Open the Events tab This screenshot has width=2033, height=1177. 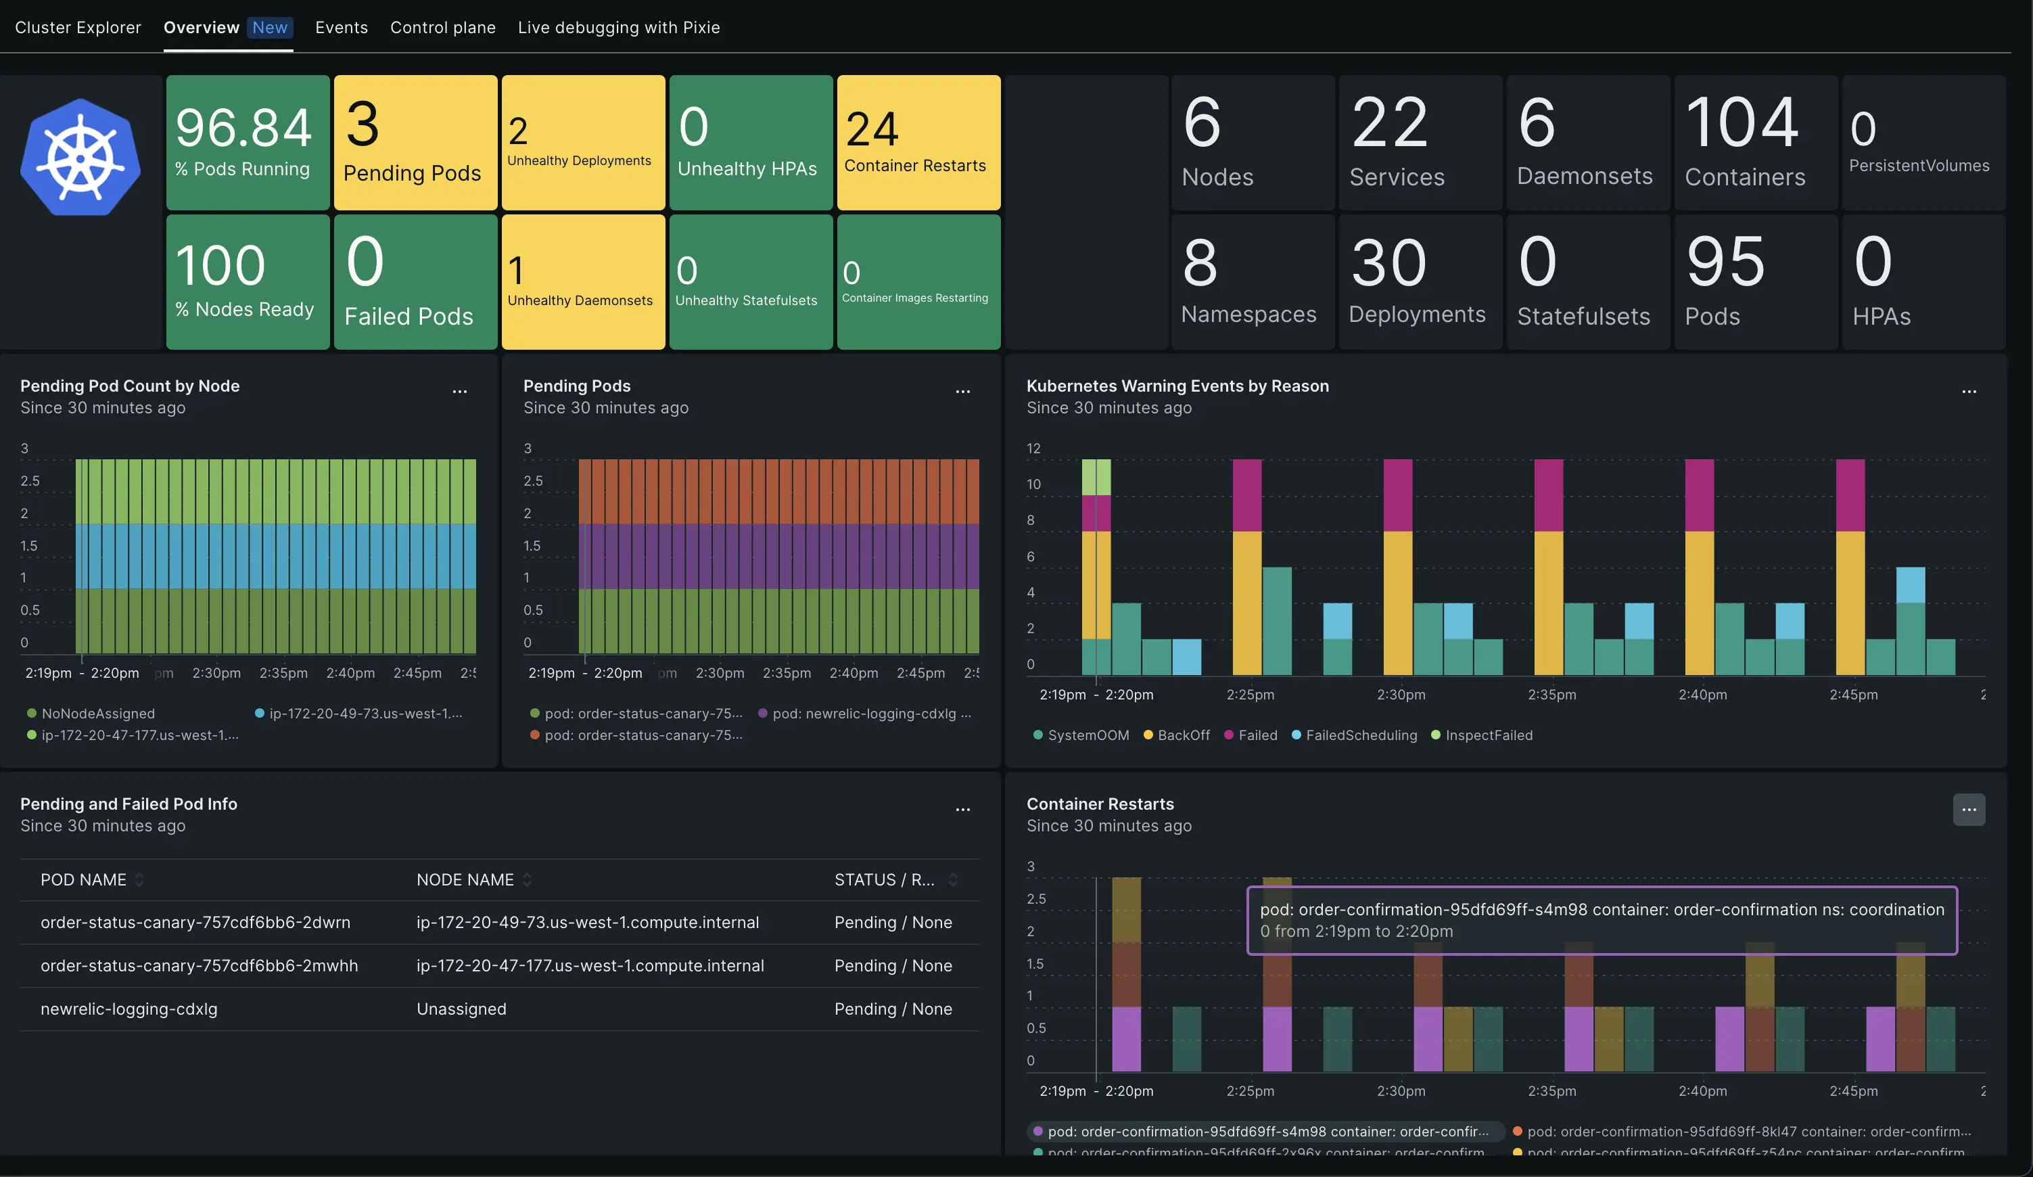click(342, 28)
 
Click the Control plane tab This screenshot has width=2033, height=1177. click(443, 28)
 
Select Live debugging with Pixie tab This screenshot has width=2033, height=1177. click(619, 28)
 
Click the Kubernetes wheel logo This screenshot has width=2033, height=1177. click(80, 158)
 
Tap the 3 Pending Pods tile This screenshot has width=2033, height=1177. click(415, 143)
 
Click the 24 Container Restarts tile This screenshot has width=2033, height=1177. click(918, 143)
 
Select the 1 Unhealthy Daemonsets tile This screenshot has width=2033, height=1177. click(582, 281)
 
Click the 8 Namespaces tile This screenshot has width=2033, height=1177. click(1251, 281)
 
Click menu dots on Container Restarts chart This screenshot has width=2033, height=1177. click(1969, 810)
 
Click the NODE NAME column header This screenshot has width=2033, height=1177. click(465, 880)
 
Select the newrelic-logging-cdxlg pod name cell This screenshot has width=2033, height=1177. click(129, 1009)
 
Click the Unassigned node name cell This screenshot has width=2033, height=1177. click(461, 1009)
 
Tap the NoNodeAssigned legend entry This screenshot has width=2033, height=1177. click(97, 714)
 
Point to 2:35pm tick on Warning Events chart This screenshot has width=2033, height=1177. click(1551, 695)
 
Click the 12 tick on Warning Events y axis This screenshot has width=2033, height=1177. click(1033, 448)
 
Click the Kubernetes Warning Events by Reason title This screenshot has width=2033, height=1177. click(1177, 386)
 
